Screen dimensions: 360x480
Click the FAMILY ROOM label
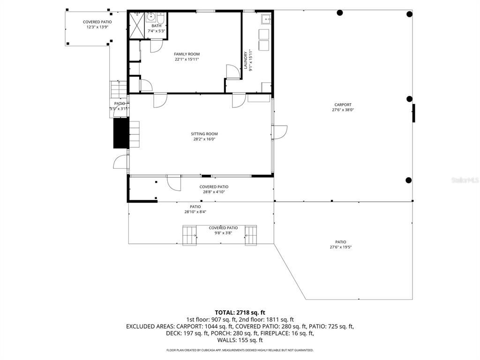coord(187,54)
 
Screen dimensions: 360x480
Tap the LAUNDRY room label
coord(245,60)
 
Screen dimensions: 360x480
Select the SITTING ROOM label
coord(204,134)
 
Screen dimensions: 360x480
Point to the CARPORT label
coord(343,105)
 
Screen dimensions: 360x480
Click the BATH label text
coord(156,26)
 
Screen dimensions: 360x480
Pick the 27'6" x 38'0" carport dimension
coord(343,110)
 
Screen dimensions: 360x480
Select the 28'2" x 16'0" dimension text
coord(204,139)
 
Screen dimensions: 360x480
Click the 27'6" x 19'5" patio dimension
coord(341,247)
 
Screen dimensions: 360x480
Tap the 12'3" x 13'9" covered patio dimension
coord(97,27)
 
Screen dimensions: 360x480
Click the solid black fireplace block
coord(120,134)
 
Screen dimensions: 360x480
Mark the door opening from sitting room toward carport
coord(280,132)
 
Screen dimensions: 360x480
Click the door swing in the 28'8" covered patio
coord(173,183)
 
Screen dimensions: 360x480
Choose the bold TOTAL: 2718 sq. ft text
coord(240,312)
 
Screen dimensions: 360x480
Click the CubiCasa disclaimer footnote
coord(240,350)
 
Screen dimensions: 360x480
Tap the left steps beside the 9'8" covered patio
coord(190,235)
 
